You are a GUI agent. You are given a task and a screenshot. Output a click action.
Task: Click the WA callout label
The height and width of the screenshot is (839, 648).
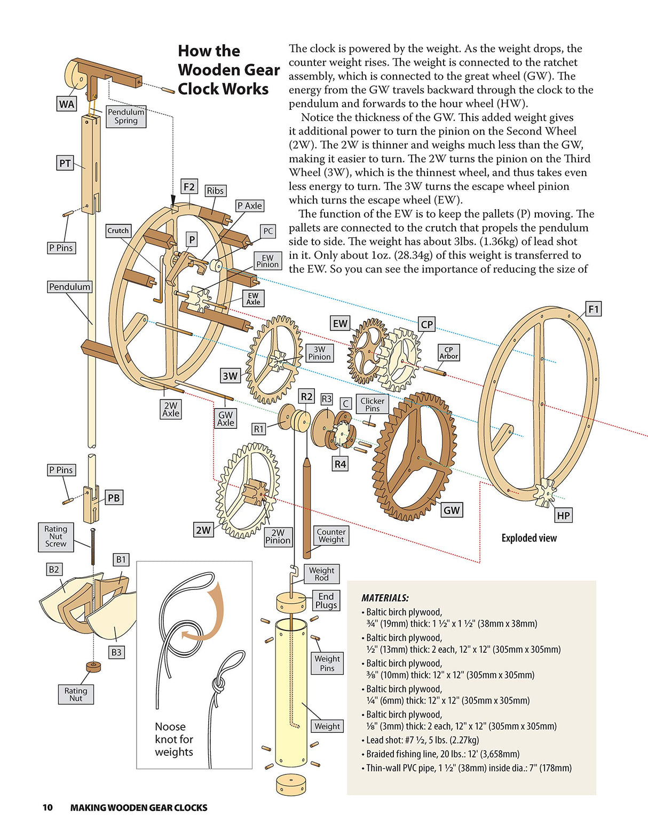point(67,104)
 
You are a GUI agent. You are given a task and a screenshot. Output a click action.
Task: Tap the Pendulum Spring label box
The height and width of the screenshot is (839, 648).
point(126,116)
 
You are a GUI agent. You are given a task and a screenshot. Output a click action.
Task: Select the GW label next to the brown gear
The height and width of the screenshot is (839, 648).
point(451,510)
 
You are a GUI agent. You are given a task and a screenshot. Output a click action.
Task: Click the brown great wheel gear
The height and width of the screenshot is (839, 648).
point(415,457)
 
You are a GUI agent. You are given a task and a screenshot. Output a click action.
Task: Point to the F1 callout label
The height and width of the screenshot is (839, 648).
point(593,309)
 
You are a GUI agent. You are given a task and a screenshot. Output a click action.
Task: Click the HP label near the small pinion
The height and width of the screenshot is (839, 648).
point(563,515)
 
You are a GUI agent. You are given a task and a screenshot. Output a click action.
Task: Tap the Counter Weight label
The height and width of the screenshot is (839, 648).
point(331,536)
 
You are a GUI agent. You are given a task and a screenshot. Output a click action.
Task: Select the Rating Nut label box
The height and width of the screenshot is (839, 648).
point(76,694)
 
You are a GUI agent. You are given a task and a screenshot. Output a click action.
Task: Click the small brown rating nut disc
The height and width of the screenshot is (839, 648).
point(94,667)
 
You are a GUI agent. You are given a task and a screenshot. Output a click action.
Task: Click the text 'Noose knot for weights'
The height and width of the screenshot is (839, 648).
point(174,739)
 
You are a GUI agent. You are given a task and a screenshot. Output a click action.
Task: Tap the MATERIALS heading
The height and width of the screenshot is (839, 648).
point(385,598)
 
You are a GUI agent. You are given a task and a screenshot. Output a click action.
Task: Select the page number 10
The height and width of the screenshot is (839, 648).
point(48,808)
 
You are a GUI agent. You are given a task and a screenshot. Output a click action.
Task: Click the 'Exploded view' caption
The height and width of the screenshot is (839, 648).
point(528,538)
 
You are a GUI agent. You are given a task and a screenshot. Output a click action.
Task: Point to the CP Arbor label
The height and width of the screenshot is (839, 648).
point(448,353)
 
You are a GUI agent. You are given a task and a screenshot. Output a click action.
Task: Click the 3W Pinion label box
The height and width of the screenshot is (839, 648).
point(319,353)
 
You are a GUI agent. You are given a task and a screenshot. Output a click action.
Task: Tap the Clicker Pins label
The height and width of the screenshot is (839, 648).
point(372,404)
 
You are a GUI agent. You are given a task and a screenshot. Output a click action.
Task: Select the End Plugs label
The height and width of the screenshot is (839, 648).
point(326,601)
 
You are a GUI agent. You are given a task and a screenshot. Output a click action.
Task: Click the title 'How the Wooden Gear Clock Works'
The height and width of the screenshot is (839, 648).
point(228,70)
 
